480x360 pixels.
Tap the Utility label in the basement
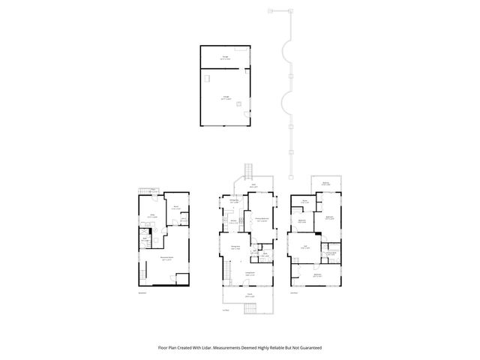point(151,215)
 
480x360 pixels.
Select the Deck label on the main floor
point(253,185)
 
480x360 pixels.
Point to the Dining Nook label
point(234,201)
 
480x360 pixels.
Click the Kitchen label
point(234,220)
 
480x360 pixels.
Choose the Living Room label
point(250,274)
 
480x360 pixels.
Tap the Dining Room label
point(235,247)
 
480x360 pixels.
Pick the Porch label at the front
point(250,295)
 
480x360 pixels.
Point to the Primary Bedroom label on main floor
point(262,219)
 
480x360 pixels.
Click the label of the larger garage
point(226,97)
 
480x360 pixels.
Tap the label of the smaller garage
point(226,56)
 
